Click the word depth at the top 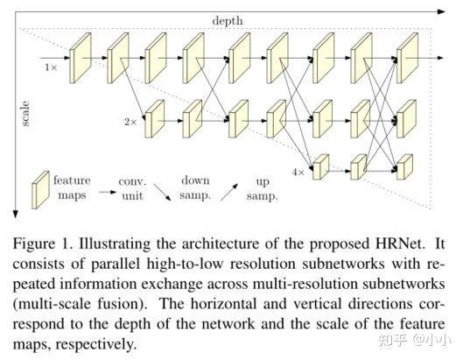point(227,19)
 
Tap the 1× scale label point(51,66)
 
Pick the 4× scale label point(298,171)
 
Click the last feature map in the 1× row point(406,58)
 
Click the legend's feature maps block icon point(40,190)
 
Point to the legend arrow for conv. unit point(106,191)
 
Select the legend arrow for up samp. point(230,191)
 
